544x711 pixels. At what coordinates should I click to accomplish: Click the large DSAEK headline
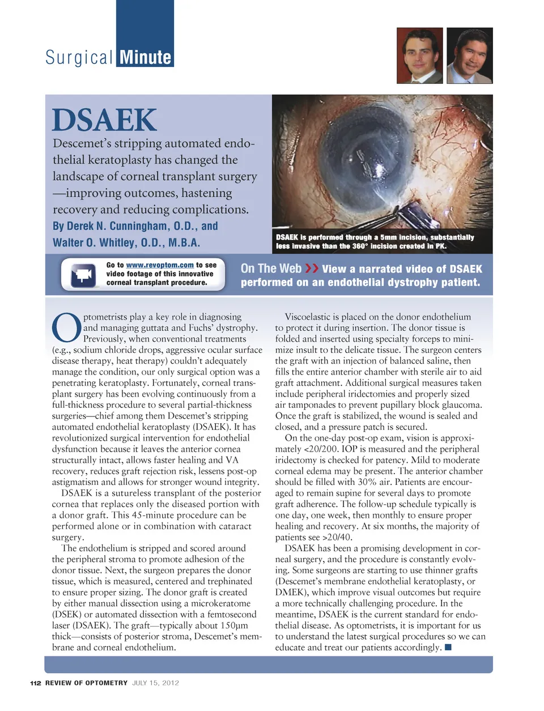[104, 120]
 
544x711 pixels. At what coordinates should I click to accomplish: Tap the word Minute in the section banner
[145, 57]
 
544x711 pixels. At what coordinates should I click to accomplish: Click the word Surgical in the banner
[79, 57]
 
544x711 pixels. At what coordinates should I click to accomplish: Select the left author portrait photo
[419, 56]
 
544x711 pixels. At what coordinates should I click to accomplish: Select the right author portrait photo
[469, 56]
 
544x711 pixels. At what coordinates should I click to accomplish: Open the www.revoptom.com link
[160, 265]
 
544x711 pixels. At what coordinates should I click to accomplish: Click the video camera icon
[83, 275]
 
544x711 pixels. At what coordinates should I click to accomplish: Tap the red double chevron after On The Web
[312, 268]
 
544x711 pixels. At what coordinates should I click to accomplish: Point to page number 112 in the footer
[36, 683]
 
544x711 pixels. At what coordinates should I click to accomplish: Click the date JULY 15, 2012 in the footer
[156, 683]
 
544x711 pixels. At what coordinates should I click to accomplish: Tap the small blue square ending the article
[448, 647]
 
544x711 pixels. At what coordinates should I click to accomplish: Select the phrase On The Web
[271, 269]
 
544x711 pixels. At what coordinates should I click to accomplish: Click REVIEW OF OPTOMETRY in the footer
[86, 683]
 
